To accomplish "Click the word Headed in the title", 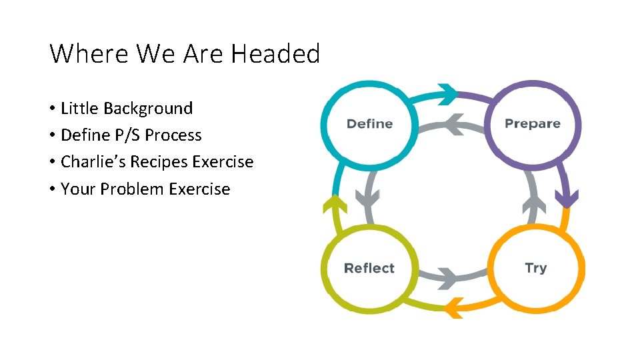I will [x=275, y=53].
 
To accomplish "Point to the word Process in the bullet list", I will [x=173, y=135].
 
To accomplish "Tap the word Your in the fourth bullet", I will [x=78, y=189].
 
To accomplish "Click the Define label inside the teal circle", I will [x=369, y=124].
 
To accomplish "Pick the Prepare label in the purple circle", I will [x=532, y=123].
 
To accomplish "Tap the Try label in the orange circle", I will [x=535, y=268].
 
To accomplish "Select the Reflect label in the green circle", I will [x=369, y=269].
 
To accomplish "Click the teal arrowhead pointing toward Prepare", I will [x=448, y=93].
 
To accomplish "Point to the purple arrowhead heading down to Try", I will [x=567, y=198].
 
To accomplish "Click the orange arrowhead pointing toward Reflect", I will [x=453, y=307].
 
